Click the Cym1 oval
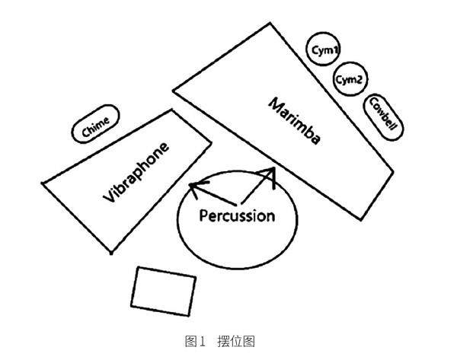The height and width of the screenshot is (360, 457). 325,50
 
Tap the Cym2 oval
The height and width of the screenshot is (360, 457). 351,78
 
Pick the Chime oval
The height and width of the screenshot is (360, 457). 95,124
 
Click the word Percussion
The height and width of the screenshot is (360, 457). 236,216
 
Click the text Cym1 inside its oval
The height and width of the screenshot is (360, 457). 325,50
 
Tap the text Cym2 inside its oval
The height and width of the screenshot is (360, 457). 351,78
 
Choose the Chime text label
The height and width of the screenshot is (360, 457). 95,124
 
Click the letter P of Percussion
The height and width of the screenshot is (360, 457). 204,215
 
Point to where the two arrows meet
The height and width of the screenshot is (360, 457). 239,203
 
